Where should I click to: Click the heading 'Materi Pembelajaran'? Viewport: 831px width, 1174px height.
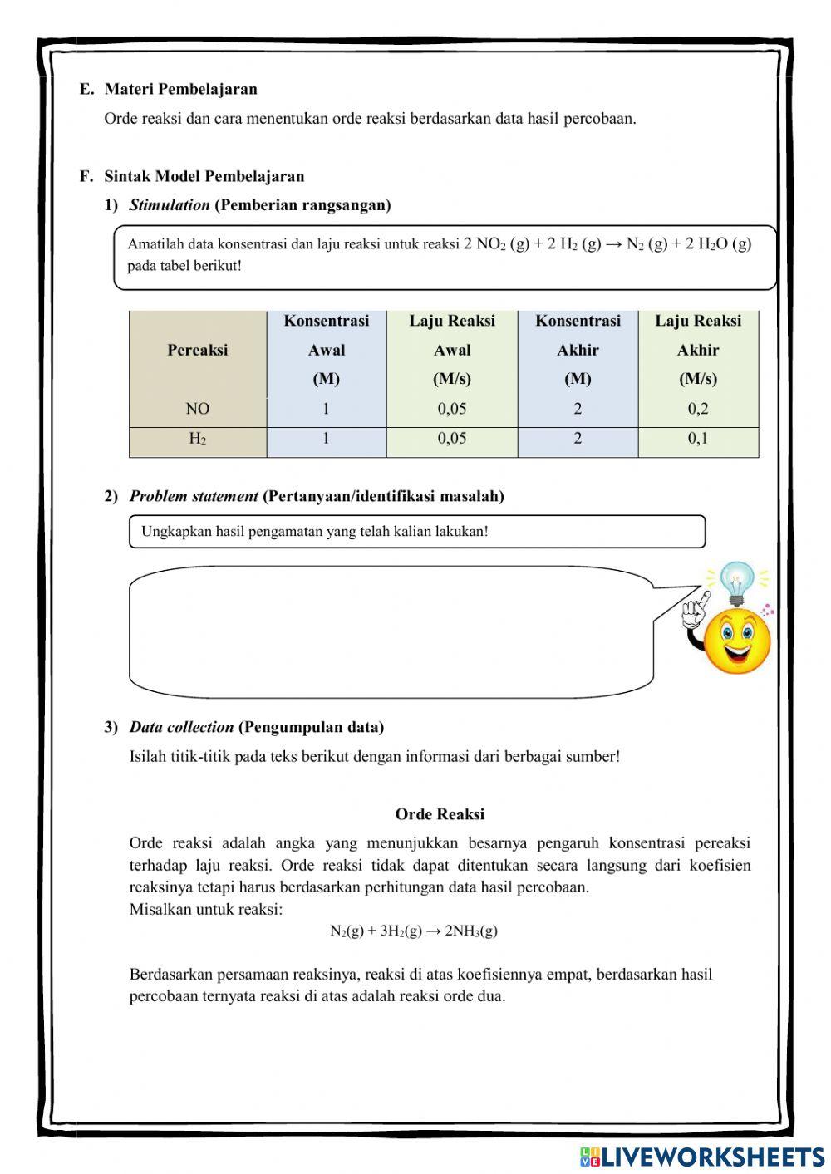[180, 89]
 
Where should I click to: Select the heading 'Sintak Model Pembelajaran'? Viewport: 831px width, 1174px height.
[204, 176]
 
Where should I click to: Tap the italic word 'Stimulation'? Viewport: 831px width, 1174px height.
[170, 205]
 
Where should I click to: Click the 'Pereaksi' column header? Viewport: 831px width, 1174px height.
[198, 350]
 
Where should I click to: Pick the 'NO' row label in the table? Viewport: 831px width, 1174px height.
[198, 409]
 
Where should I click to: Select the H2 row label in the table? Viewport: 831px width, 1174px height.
[198, 439]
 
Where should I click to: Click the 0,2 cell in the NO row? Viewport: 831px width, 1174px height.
[698, 409]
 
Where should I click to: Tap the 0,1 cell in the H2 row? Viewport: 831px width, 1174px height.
[698, 439]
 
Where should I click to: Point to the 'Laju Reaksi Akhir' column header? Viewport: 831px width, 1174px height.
[698, 350]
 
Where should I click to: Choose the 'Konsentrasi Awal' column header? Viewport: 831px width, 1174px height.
[327, 350]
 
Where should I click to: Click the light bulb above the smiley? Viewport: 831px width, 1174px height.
[736, 582]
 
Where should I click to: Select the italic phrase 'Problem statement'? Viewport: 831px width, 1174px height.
[194, 496]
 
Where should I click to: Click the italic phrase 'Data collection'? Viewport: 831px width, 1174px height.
[181, 727]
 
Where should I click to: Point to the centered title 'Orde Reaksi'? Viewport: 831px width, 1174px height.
[440, 814]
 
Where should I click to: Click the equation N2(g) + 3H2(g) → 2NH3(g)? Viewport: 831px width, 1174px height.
[414, 931]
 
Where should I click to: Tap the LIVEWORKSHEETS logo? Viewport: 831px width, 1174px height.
[702, 1156]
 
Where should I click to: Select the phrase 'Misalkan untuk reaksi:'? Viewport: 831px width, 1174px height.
[206, 909]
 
